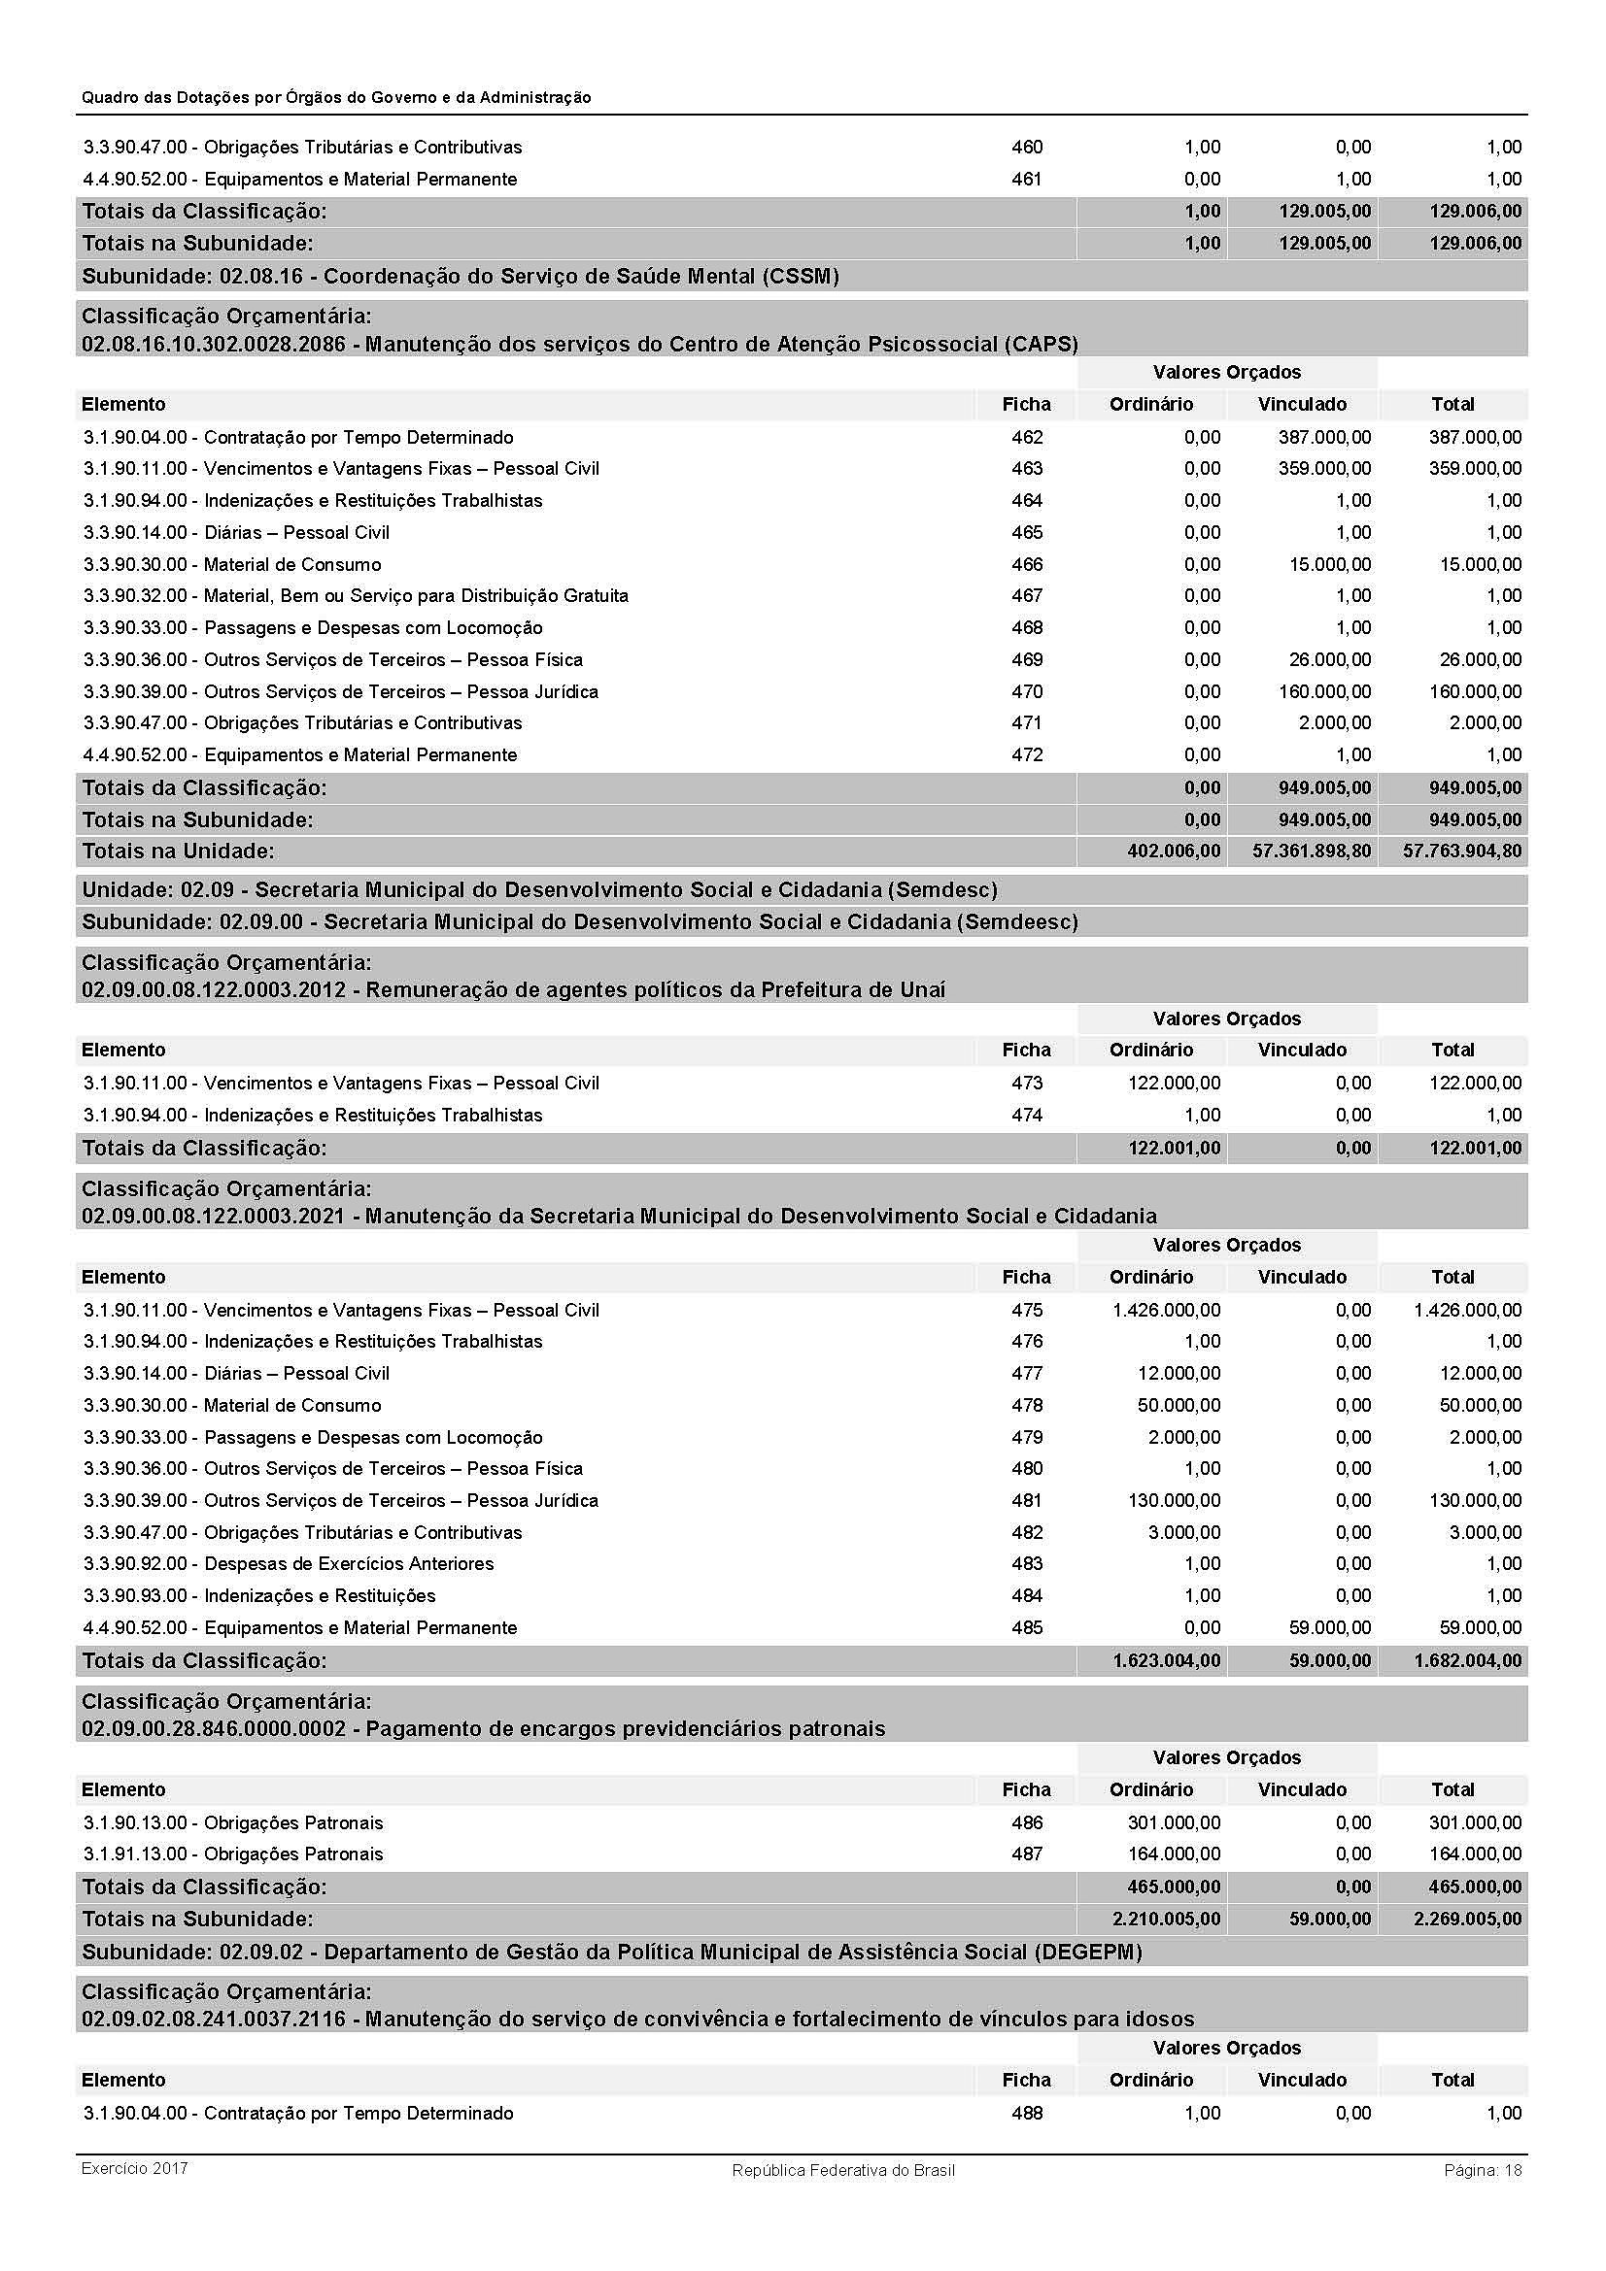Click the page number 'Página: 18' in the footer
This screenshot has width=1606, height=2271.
pyautogui.click(x=1483, y=2170)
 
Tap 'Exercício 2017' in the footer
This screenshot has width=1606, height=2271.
pyautogui.click(x=135, y=2168)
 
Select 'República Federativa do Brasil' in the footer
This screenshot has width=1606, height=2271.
pyautogui.click(x=843, y=2170)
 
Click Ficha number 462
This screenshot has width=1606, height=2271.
pyautogui.click(x=1027, y=437)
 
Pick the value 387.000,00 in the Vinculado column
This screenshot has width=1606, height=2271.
pyautogui.click(x=1324, y=437)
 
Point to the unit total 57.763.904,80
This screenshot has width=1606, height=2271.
pyautogui.click(x=1461, y=851)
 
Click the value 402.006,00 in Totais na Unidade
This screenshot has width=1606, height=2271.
pyautogui.click(x=1174, y=851)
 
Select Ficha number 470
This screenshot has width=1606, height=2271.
pyautogui.click(x=1027, y=691)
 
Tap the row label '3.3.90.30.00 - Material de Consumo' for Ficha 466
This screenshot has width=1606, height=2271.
pyautogui.click(x=232, y=565)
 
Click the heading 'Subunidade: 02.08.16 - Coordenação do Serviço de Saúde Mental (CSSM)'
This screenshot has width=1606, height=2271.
pyautogui.click(x=461, y=276)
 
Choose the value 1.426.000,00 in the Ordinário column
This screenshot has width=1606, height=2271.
pyautogui.click(x=1166, y=1310)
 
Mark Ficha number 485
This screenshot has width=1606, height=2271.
pyautogui.click(x=1027, y=1627)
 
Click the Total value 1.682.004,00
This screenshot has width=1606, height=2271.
pyautogui.click(x=1467, y=1660)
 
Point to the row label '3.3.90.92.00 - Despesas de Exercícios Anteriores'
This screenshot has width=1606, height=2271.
pyautogui.click(x=289, y=1564)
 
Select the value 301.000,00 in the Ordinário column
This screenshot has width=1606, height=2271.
pyautogui.click(x=1174, y=1821)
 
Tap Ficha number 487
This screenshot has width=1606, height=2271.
pyautogui.click(x=1027, y=1854)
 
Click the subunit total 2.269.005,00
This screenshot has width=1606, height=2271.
pyautogui.click(x=1467, y=1919)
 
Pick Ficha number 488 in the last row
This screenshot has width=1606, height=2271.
pyautogui.click(x=1027, y=2113)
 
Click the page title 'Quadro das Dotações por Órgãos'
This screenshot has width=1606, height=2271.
pyautogui.click(x=336, y=97)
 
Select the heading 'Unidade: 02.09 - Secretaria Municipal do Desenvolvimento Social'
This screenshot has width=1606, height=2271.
pyautogui.click(x=539, y=889)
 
